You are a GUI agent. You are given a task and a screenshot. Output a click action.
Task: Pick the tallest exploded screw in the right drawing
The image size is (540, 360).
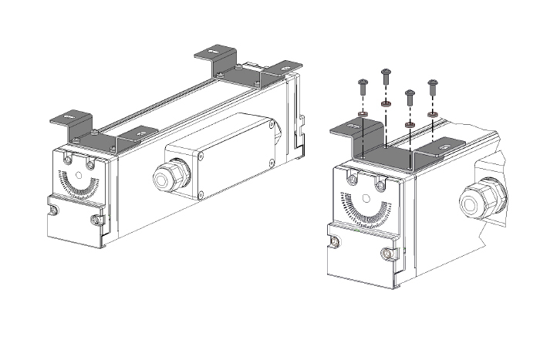point(386,76)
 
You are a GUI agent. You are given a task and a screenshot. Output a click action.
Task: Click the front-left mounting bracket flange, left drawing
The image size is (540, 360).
point(69,119)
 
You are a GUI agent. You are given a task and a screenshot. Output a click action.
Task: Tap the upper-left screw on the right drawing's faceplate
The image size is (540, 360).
point(352,179)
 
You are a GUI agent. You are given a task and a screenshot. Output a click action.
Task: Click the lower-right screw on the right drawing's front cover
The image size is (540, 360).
point(386,254)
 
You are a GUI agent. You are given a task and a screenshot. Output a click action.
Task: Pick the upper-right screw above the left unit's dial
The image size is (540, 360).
point(90,164)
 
